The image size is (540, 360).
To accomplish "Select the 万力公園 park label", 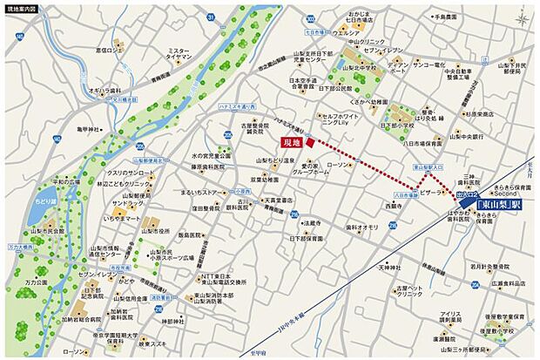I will [35, 283].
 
